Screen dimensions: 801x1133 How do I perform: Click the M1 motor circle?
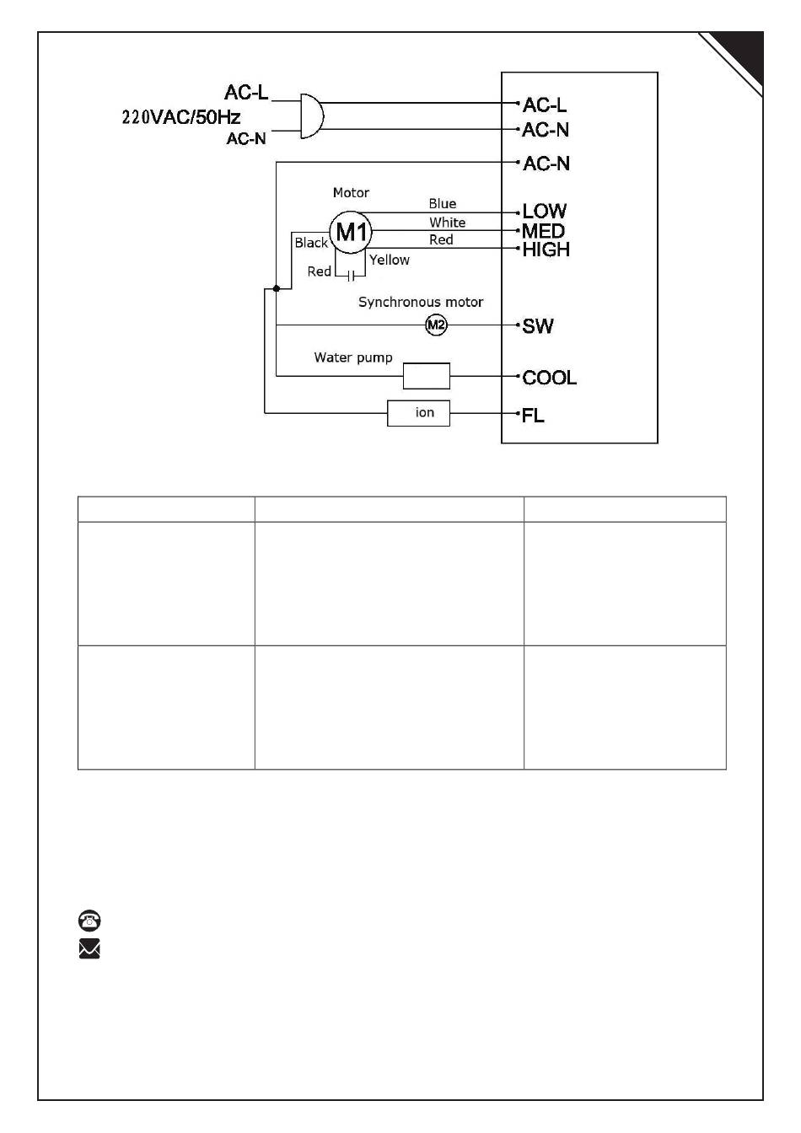350,231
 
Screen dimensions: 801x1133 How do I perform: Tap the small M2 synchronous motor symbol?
435,325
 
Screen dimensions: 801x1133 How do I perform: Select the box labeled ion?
418,413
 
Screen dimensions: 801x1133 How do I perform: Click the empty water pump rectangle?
426,376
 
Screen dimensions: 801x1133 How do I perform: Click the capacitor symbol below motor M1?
350,276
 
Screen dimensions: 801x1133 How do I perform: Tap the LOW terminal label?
545,211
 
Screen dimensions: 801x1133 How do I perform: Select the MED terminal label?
544,231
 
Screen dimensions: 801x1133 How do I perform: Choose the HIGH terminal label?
546,250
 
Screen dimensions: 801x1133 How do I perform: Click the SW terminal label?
538,326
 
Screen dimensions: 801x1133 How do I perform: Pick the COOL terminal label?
550,378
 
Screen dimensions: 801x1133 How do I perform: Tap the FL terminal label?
534,416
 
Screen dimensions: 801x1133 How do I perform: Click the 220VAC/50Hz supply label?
181,117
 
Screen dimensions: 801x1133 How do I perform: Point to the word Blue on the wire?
443,204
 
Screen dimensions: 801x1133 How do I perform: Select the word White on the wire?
447,223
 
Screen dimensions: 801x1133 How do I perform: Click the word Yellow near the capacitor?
390,260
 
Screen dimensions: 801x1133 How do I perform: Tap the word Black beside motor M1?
311,243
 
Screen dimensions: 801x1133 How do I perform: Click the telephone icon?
89,920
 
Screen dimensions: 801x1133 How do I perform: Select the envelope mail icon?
89,949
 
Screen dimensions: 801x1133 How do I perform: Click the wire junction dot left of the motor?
276,288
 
